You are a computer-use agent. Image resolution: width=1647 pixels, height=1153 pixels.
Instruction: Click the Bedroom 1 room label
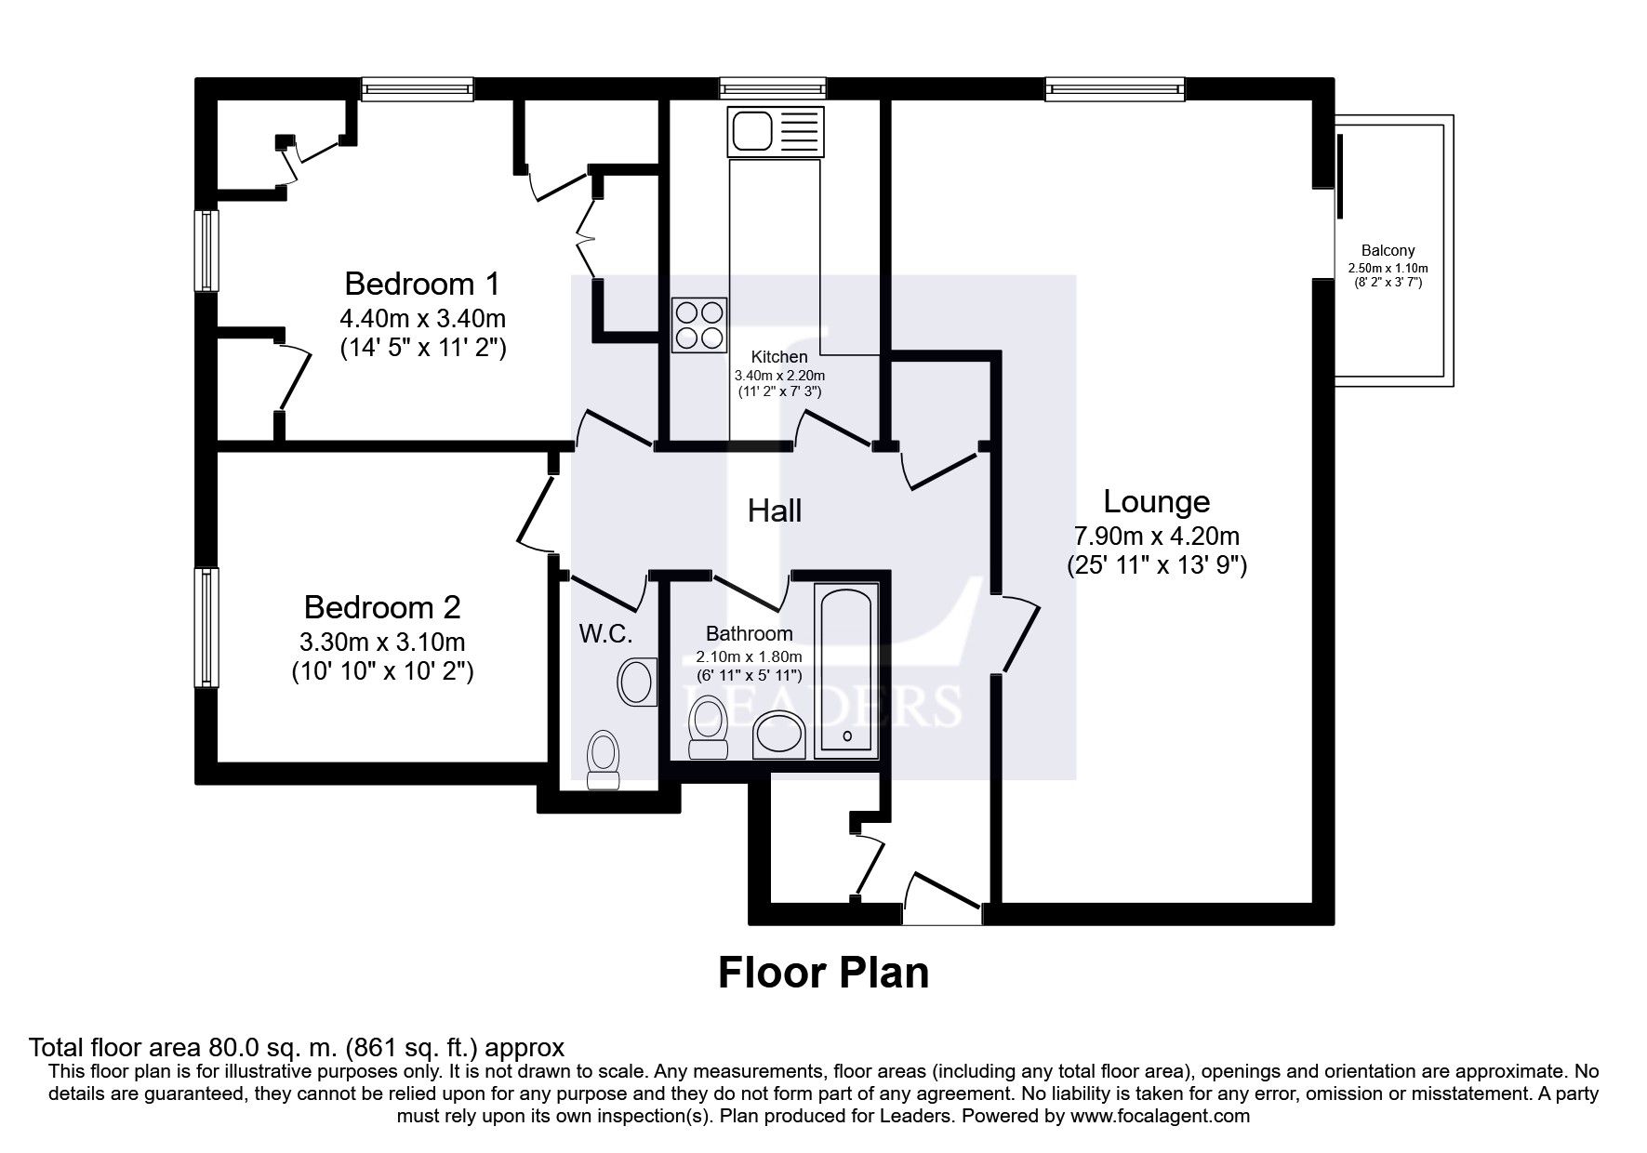[422, 283]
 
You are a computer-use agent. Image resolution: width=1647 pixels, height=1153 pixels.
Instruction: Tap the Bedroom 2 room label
[381, 607]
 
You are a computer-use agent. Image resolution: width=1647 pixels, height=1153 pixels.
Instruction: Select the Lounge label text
[1156, 501]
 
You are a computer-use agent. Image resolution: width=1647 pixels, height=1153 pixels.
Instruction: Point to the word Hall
[774, 510]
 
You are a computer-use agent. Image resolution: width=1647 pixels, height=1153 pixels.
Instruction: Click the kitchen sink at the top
[777, 130]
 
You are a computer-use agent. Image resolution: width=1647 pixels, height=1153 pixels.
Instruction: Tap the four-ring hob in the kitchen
[698, 325]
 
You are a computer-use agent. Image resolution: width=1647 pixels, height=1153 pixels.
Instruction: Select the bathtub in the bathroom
[845, 669]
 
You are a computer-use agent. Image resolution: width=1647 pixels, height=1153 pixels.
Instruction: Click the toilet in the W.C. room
[604, 760]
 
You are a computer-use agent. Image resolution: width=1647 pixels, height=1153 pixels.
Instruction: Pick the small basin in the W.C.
[636, 681]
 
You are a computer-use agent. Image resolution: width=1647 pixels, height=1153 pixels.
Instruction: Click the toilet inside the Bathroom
[709, 727]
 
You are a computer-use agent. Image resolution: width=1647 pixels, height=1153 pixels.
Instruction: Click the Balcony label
[1388, 250]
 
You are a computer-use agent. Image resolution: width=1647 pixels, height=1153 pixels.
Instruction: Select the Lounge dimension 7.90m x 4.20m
[1156, 536]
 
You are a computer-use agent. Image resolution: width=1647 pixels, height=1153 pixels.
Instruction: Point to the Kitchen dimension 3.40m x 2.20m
[779, 376]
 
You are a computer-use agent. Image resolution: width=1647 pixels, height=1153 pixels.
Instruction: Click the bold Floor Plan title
[823, 973]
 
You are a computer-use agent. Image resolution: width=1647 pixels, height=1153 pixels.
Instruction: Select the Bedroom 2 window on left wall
[206, 628]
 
